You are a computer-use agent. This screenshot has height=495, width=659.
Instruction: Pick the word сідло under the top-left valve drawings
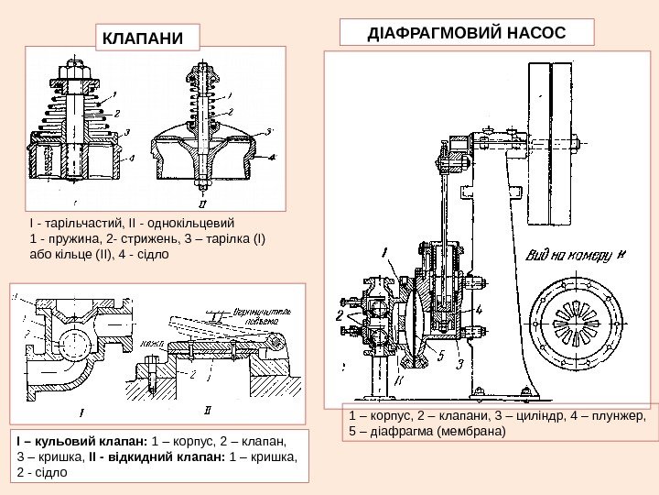click(151, 253)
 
